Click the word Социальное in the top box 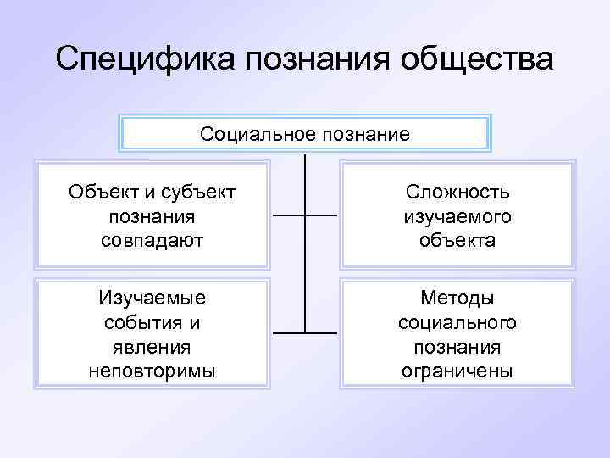(x=255, y=134)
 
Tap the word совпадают (x=152, y=240)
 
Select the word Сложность (x=457, y=193)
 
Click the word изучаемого (x=457, y=216)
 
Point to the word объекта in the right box (x=457, y=240)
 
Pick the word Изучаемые (x=152, y=299)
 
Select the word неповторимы (x=152, y=370)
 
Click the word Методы (x=457, y=299)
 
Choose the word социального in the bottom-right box (x=457, y=322)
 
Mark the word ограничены (x=457, y=370)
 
